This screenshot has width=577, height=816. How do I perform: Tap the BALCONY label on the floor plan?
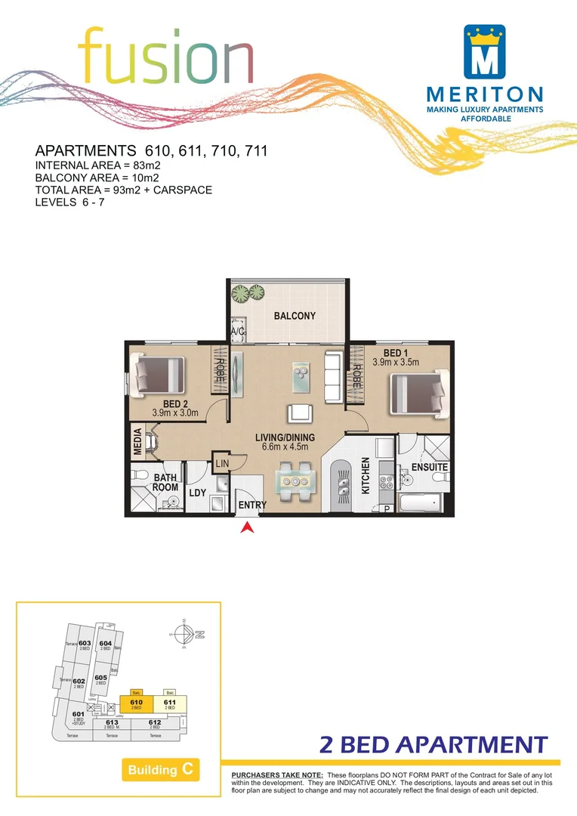click(295, 316)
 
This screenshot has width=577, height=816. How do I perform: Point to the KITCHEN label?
click(366, 476)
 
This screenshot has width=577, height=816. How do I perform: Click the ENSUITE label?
click(430, 468)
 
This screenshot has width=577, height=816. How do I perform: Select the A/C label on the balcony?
click(238, 331)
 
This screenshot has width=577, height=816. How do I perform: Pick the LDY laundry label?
click(198, 493)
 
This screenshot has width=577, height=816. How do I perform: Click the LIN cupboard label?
click(222, 462)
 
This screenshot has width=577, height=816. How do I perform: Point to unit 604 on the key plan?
click(106, 644)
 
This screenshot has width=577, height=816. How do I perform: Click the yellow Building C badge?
click(159, 770)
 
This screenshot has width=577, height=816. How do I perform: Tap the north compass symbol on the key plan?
click(186, 635)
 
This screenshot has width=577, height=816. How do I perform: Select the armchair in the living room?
click(299, 413)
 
